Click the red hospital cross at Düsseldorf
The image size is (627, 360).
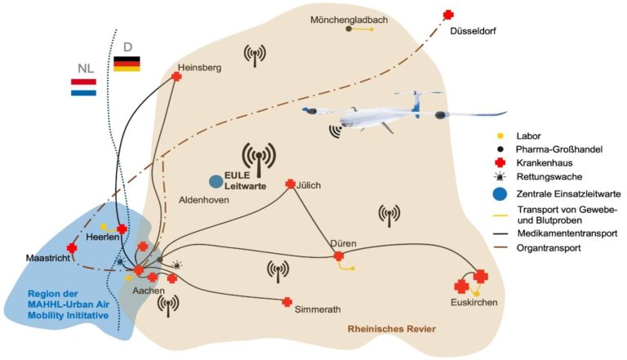pos(447,14)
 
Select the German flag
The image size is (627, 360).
pos(126,64)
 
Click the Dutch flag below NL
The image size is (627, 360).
pos(83,87)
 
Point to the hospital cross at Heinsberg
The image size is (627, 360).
pos(176,77)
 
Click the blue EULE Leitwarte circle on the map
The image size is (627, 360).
pos(216,181)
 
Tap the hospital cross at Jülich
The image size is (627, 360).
pos(290,184)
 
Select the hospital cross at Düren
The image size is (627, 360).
pos(339,256)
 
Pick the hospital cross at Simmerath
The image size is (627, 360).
pos(287,302)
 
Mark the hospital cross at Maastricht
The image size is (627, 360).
pos(72,247)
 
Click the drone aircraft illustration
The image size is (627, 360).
pos(384,113)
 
